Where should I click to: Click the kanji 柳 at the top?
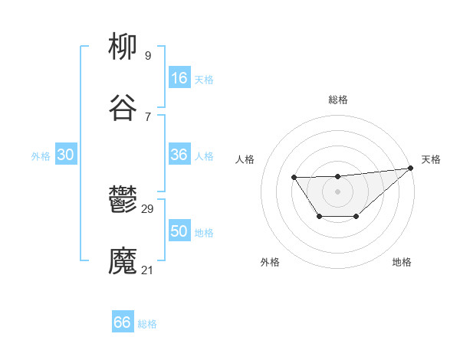click(123, 48)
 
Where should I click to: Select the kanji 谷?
click(123, 109)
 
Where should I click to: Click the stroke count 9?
click(148, 55)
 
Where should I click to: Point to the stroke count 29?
click(148, 208)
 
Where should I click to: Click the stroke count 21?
click(148, 270)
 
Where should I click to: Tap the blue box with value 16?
click(179, 78)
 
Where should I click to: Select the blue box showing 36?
click(179, 155)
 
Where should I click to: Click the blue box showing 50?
click(179, 231)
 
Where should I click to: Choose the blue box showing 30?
click(66, 155)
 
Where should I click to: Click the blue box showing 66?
click(123, 322)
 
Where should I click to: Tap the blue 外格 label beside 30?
click(41, 156)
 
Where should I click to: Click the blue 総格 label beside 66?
click(147, 324)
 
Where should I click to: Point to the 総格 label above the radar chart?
click(337, 100)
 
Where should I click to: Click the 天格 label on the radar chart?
click(431, 159)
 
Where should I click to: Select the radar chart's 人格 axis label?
click(245, 159)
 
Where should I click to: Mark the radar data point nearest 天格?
click(410, 168)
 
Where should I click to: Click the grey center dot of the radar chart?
click(337, 191)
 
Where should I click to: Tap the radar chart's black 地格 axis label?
click(402, 262)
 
